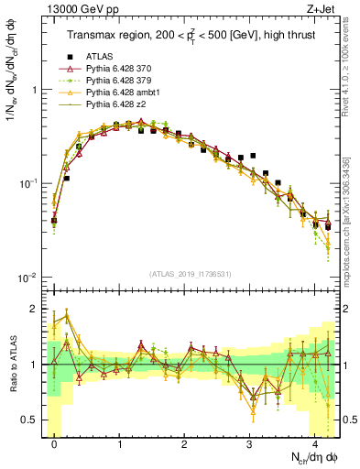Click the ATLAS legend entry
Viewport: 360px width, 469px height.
(x=99, y=57)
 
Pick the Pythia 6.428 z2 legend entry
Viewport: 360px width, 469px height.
(x=115, y=104)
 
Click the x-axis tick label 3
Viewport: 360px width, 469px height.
(x=249, y=442)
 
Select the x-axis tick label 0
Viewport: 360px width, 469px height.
(x=54, y=442)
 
